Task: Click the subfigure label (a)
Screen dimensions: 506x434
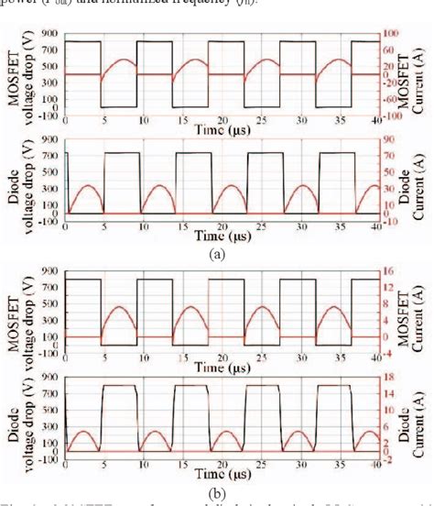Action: click(x=216, y=254)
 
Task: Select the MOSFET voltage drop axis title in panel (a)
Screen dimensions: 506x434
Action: click(x=17, y=75)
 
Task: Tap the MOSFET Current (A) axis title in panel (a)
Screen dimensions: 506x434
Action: click(x=418, y=75)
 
